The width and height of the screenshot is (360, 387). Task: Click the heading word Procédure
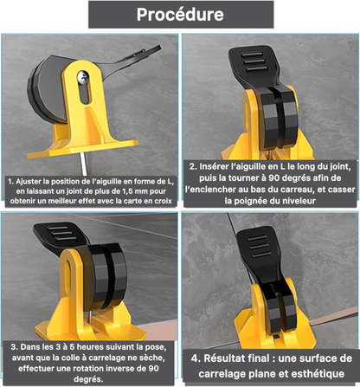180,15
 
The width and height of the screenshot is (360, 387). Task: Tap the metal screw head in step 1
82,76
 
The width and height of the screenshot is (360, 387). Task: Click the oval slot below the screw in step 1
85,94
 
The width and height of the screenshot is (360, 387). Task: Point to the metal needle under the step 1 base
84,164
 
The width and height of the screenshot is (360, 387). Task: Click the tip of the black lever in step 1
159,47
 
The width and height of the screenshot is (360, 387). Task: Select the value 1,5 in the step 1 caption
114,191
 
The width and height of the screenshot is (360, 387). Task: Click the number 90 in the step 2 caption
275,178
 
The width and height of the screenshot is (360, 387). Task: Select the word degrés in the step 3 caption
88,379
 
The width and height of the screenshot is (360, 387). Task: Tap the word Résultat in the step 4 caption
224,358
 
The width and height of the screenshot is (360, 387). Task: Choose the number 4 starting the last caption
195,358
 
